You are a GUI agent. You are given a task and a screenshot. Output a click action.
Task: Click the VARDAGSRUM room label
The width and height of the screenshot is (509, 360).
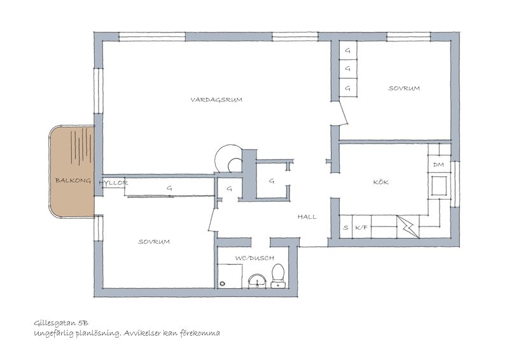pos(216,100)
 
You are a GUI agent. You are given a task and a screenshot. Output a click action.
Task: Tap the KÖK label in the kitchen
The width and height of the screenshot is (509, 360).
pos(380,182)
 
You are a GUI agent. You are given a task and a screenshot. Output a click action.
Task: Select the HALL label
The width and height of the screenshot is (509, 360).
pos(307,217)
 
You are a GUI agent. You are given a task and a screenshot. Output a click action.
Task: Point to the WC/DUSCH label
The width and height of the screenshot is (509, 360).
pos(254,258)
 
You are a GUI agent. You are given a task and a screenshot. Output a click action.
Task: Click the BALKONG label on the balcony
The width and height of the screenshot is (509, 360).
pos(73,181)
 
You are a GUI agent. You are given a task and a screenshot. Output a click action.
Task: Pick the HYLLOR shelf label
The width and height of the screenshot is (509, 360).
pos(113,183)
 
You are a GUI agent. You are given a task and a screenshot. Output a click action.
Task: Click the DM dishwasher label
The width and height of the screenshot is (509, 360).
pos(438,165)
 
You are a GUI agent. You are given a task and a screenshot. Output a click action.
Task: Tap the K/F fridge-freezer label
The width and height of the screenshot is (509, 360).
pos(361,228)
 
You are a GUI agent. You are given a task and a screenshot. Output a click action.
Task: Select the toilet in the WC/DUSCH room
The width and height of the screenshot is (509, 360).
pos(278,276)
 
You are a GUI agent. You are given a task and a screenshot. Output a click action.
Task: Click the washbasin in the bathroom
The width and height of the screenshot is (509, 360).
pos(258,281)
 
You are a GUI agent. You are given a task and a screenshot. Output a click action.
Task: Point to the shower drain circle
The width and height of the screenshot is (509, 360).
pos(222,284)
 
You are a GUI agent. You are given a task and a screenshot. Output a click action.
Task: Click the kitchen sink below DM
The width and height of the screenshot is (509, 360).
pos(439,186)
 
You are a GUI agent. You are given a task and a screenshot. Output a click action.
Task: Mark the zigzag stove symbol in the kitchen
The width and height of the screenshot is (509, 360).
pos(408,226)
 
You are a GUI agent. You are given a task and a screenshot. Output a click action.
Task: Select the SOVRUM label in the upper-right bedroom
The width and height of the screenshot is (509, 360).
pos(404,88)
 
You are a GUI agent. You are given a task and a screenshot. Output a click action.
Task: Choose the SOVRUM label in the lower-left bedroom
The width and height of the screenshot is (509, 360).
pos(154,242)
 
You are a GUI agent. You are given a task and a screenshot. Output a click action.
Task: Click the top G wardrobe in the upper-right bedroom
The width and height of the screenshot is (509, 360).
pos(348,50)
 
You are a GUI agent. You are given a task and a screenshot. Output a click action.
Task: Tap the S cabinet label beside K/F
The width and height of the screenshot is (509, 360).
pos(345,228)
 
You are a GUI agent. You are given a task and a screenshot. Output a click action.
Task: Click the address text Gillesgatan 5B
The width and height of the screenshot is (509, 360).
pos(61,323)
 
